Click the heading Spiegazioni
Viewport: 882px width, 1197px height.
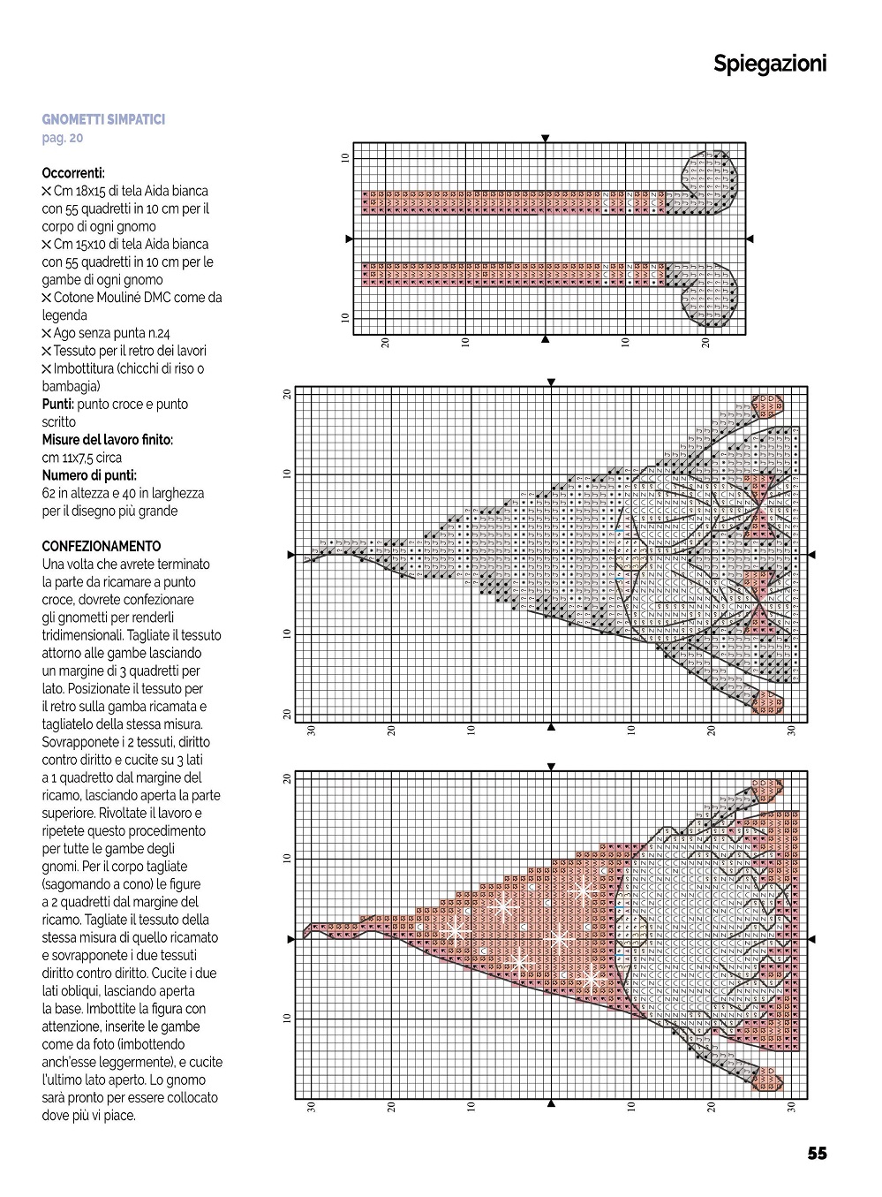[770, 64]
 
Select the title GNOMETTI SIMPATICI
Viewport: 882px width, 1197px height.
[103, 119]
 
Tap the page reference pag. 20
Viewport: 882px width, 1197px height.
[63, 138]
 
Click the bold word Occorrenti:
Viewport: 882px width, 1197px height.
[73, 173]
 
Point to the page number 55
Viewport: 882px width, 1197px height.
[817, 1153]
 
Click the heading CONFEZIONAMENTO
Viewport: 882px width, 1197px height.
[102, 546]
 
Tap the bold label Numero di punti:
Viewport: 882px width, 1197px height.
[89, 475]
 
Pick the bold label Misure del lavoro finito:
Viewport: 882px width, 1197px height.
[108, 439]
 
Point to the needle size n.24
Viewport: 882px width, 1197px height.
[155, 333]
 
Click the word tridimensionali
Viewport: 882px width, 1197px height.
[82, 635]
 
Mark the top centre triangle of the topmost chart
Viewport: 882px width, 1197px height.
[546, 138]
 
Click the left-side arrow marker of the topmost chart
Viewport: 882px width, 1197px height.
[349, 239]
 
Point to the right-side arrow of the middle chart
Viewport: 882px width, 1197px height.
[812, 555]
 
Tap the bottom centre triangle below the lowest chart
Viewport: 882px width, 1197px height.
[551, 1103]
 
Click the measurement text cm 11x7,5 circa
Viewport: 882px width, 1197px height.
[82, 458]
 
